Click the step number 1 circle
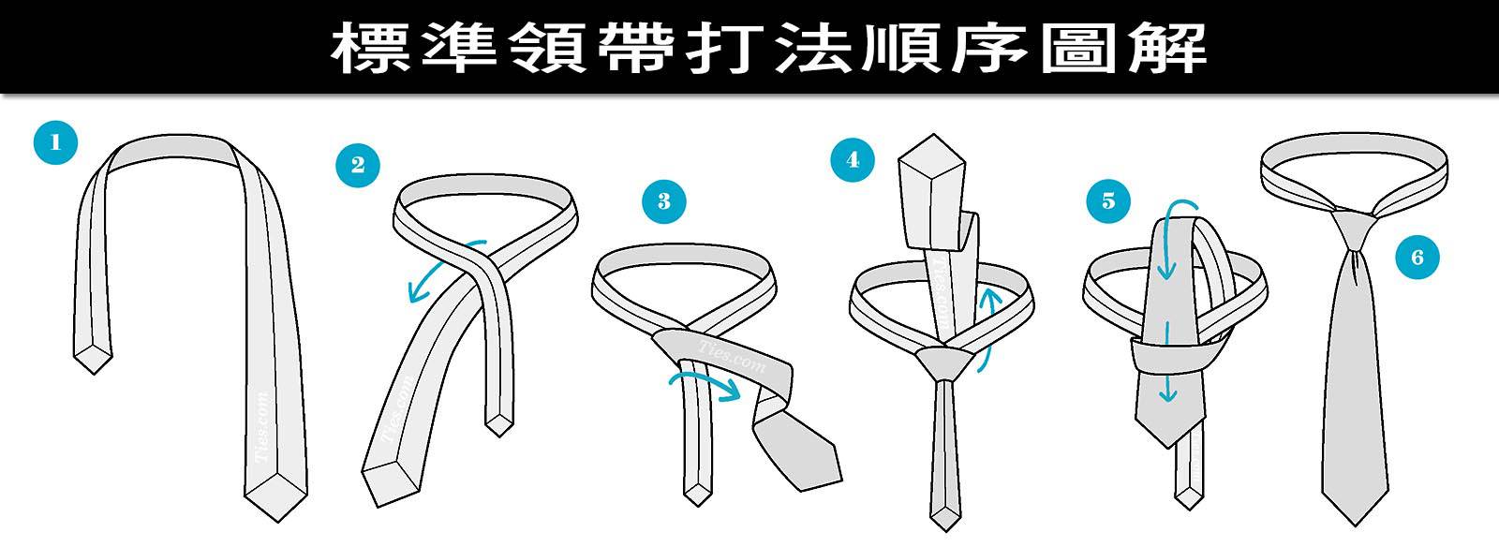pos(54,142)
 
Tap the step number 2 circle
pos(358,166)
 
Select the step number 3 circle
pos(663,200)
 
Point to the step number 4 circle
pos(852,159)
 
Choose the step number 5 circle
pos(1108,200)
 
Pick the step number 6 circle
pos(1416,257)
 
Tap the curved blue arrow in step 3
pos(703,381)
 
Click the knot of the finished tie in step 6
pos(1352,229)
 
